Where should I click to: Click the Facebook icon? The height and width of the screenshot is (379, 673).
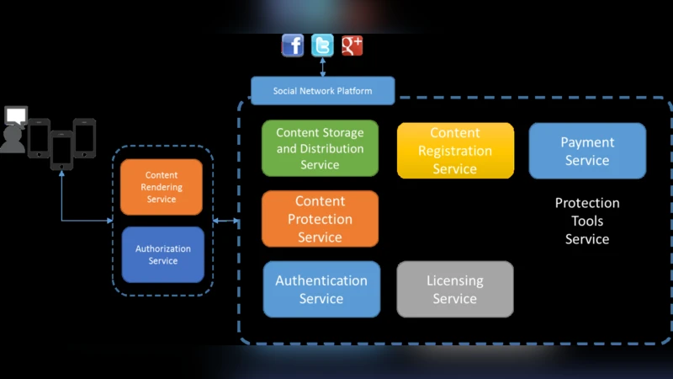293,45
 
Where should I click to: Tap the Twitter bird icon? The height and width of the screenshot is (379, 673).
322,45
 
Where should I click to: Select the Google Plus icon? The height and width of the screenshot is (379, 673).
352,45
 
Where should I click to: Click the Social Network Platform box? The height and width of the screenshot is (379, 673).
322,91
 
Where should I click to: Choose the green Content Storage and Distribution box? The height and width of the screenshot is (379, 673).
320,148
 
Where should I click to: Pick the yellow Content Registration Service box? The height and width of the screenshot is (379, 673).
455,151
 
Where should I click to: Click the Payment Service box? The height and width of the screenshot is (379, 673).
587,151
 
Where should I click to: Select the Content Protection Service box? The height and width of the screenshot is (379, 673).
320,219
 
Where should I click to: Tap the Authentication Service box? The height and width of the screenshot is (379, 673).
321,289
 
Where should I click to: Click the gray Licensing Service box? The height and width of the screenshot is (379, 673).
455,289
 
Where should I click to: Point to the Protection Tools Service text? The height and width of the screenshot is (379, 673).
587,221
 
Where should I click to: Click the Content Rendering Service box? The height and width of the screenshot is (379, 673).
162,187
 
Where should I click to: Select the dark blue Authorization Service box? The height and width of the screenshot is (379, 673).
163,254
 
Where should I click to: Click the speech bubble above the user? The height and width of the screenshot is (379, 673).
16,115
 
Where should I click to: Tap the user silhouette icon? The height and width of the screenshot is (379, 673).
13,139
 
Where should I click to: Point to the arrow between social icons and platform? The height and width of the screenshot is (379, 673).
322,67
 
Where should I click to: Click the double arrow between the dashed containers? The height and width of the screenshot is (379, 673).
226,222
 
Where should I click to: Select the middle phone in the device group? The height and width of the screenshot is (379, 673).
61,149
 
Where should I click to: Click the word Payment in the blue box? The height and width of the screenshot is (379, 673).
587,142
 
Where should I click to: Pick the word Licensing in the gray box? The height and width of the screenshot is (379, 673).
455,280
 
